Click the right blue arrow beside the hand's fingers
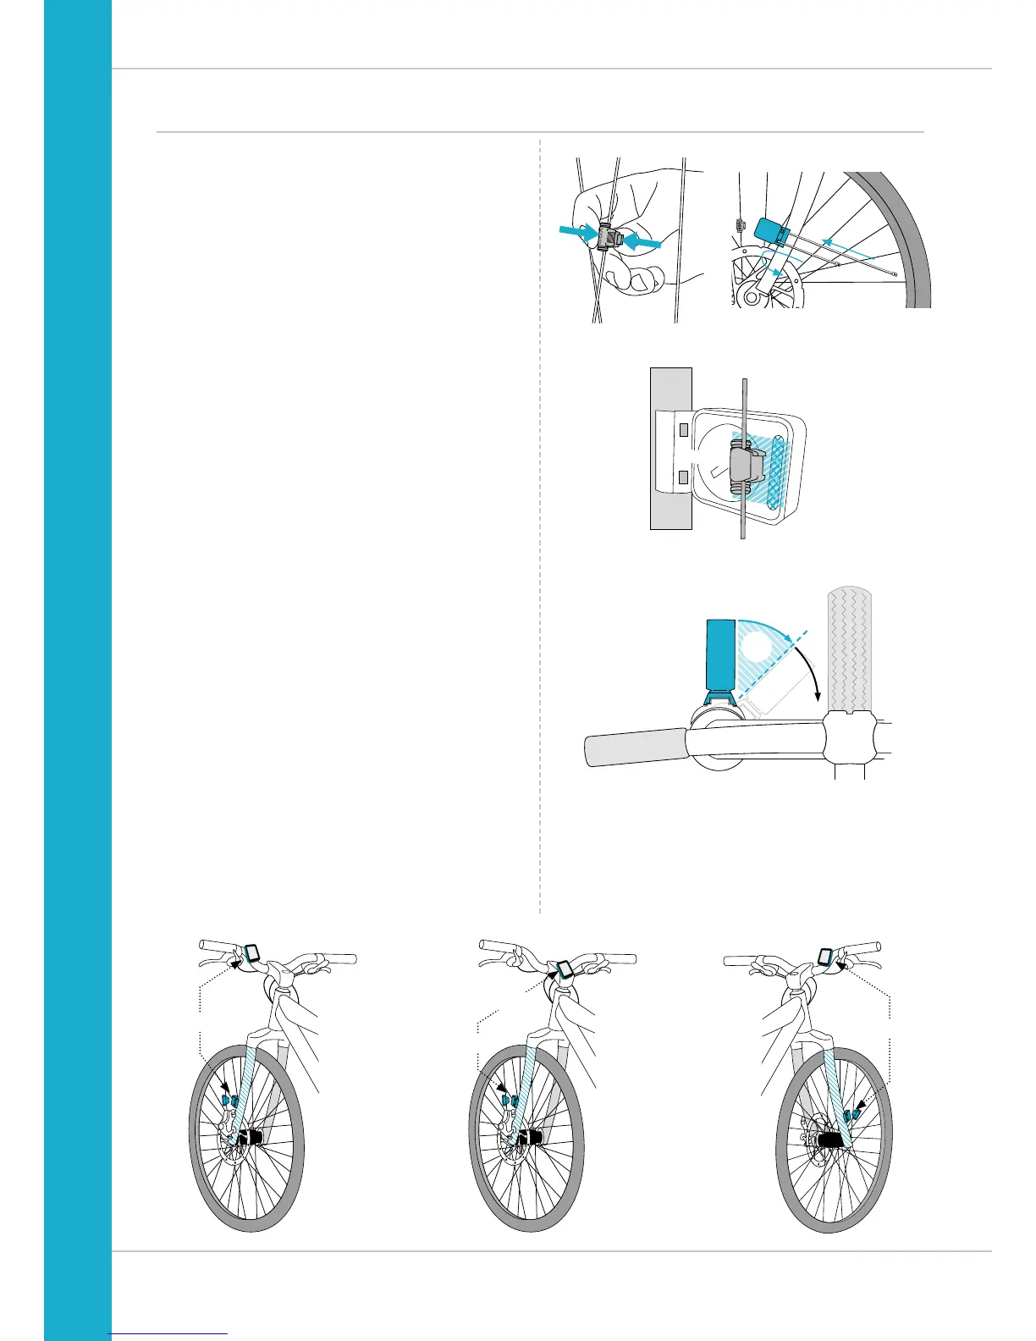coord(642,242)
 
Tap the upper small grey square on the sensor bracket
coord(684,426)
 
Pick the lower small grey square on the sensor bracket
coord(684,479)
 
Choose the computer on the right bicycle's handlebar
coord(824,957)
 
